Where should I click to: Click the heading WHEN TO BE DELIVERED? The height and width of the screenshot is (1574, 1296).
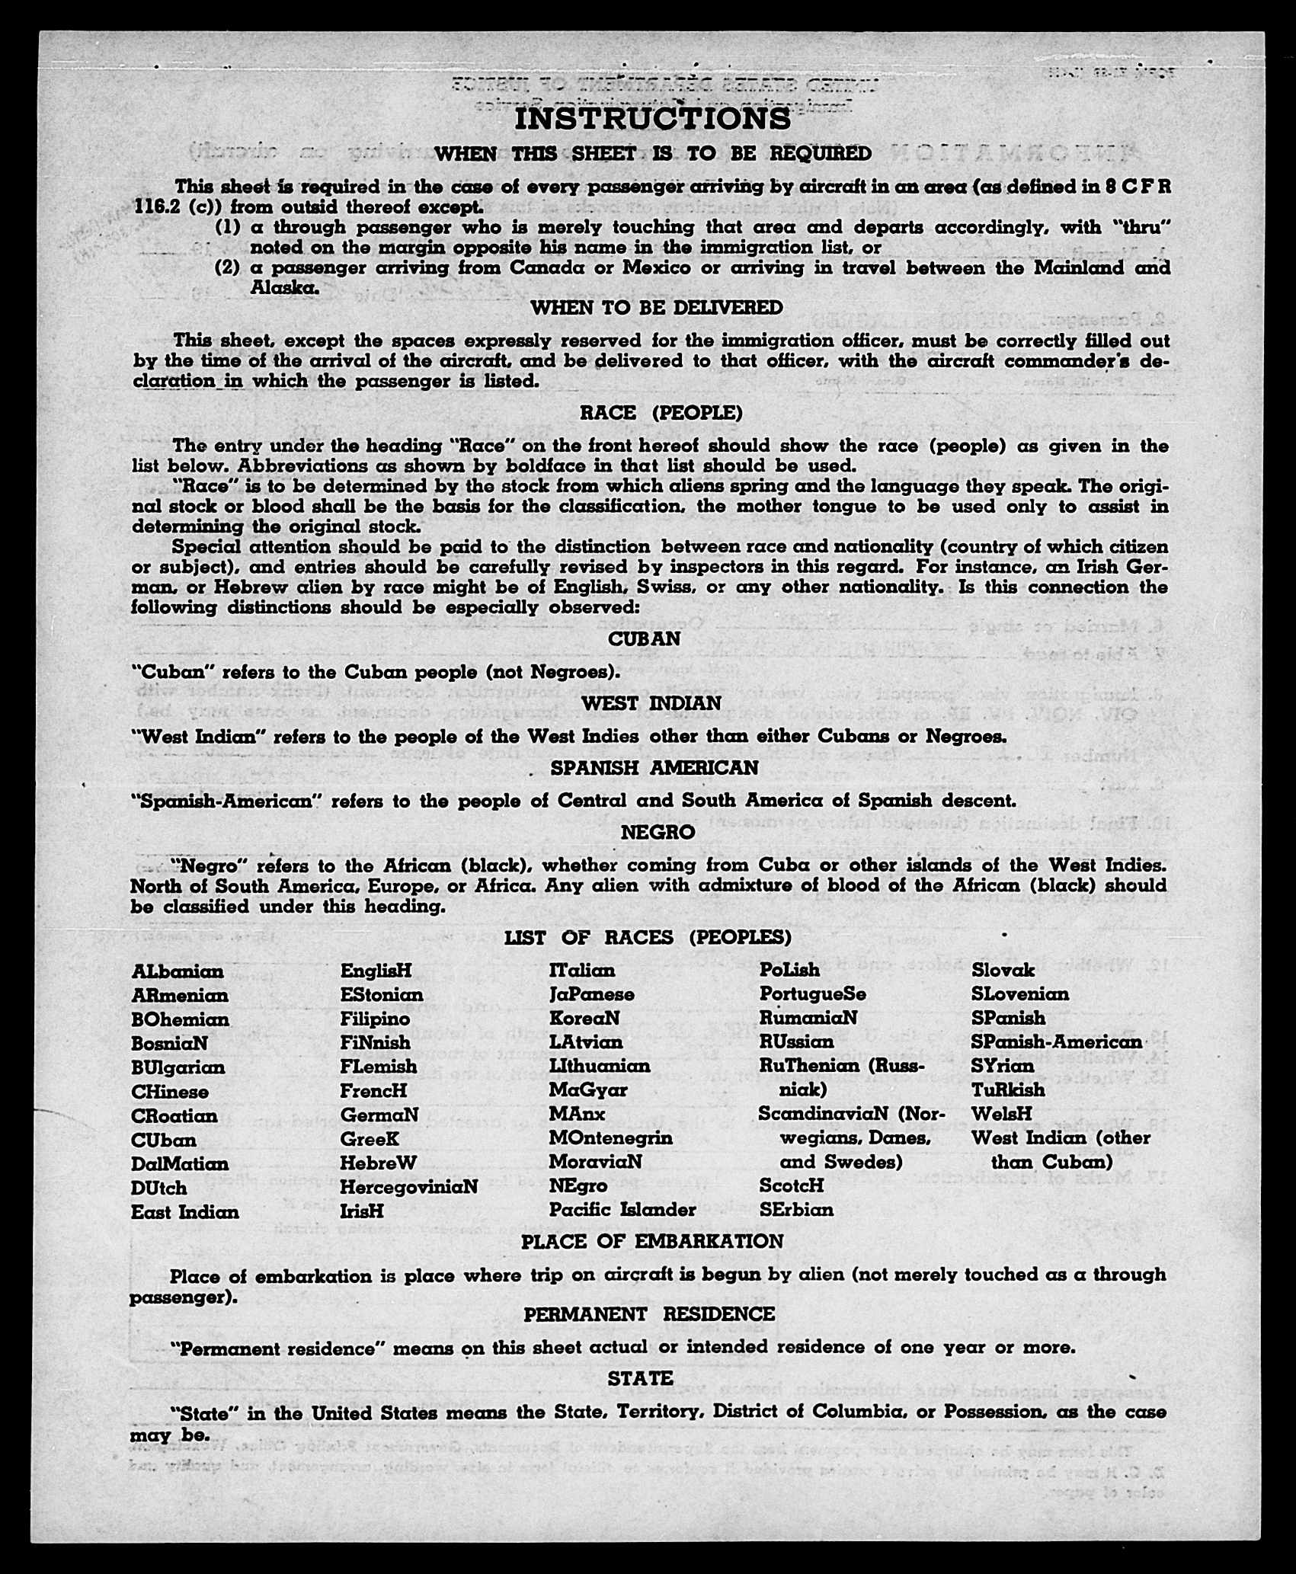pos(656,308)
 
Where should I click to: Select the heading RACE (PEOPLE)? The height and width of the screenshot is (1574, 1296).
pos(661,413)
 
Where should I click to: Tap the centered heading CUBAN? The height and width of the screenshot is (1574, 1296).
pos(644,638)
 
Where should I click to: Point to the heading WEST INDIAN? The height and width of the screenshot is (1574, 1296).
pos(651,703)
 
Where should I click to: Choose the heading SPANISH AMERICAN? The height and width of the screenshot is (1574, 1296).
pos(654,768)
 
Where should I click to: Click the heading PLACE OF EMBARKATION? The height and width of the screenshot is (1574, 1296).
pos(651,1241)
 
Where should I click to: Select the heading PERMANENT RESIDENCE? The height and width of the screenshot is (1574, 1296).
pos(648,1313)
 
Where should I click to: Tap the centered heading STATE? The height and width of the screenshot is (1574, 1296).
pos(640,1378)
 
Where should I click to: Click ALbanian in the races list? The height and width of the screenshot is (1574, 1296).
pos(178,971)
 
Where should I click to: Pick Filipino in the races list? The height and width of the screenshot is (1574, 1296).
pos(375,1019)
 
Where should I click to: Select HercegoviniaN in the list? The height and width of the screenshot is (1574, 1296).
pos(408,1187)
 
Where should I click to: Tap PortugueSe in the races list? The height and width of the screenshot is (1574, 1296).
pos(812,994)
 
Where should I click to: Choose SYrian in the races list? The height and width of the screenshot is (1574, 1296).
pos(1003,1066)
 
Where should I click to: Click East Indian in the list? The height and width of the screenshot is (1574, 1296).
pos(184,1212)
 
